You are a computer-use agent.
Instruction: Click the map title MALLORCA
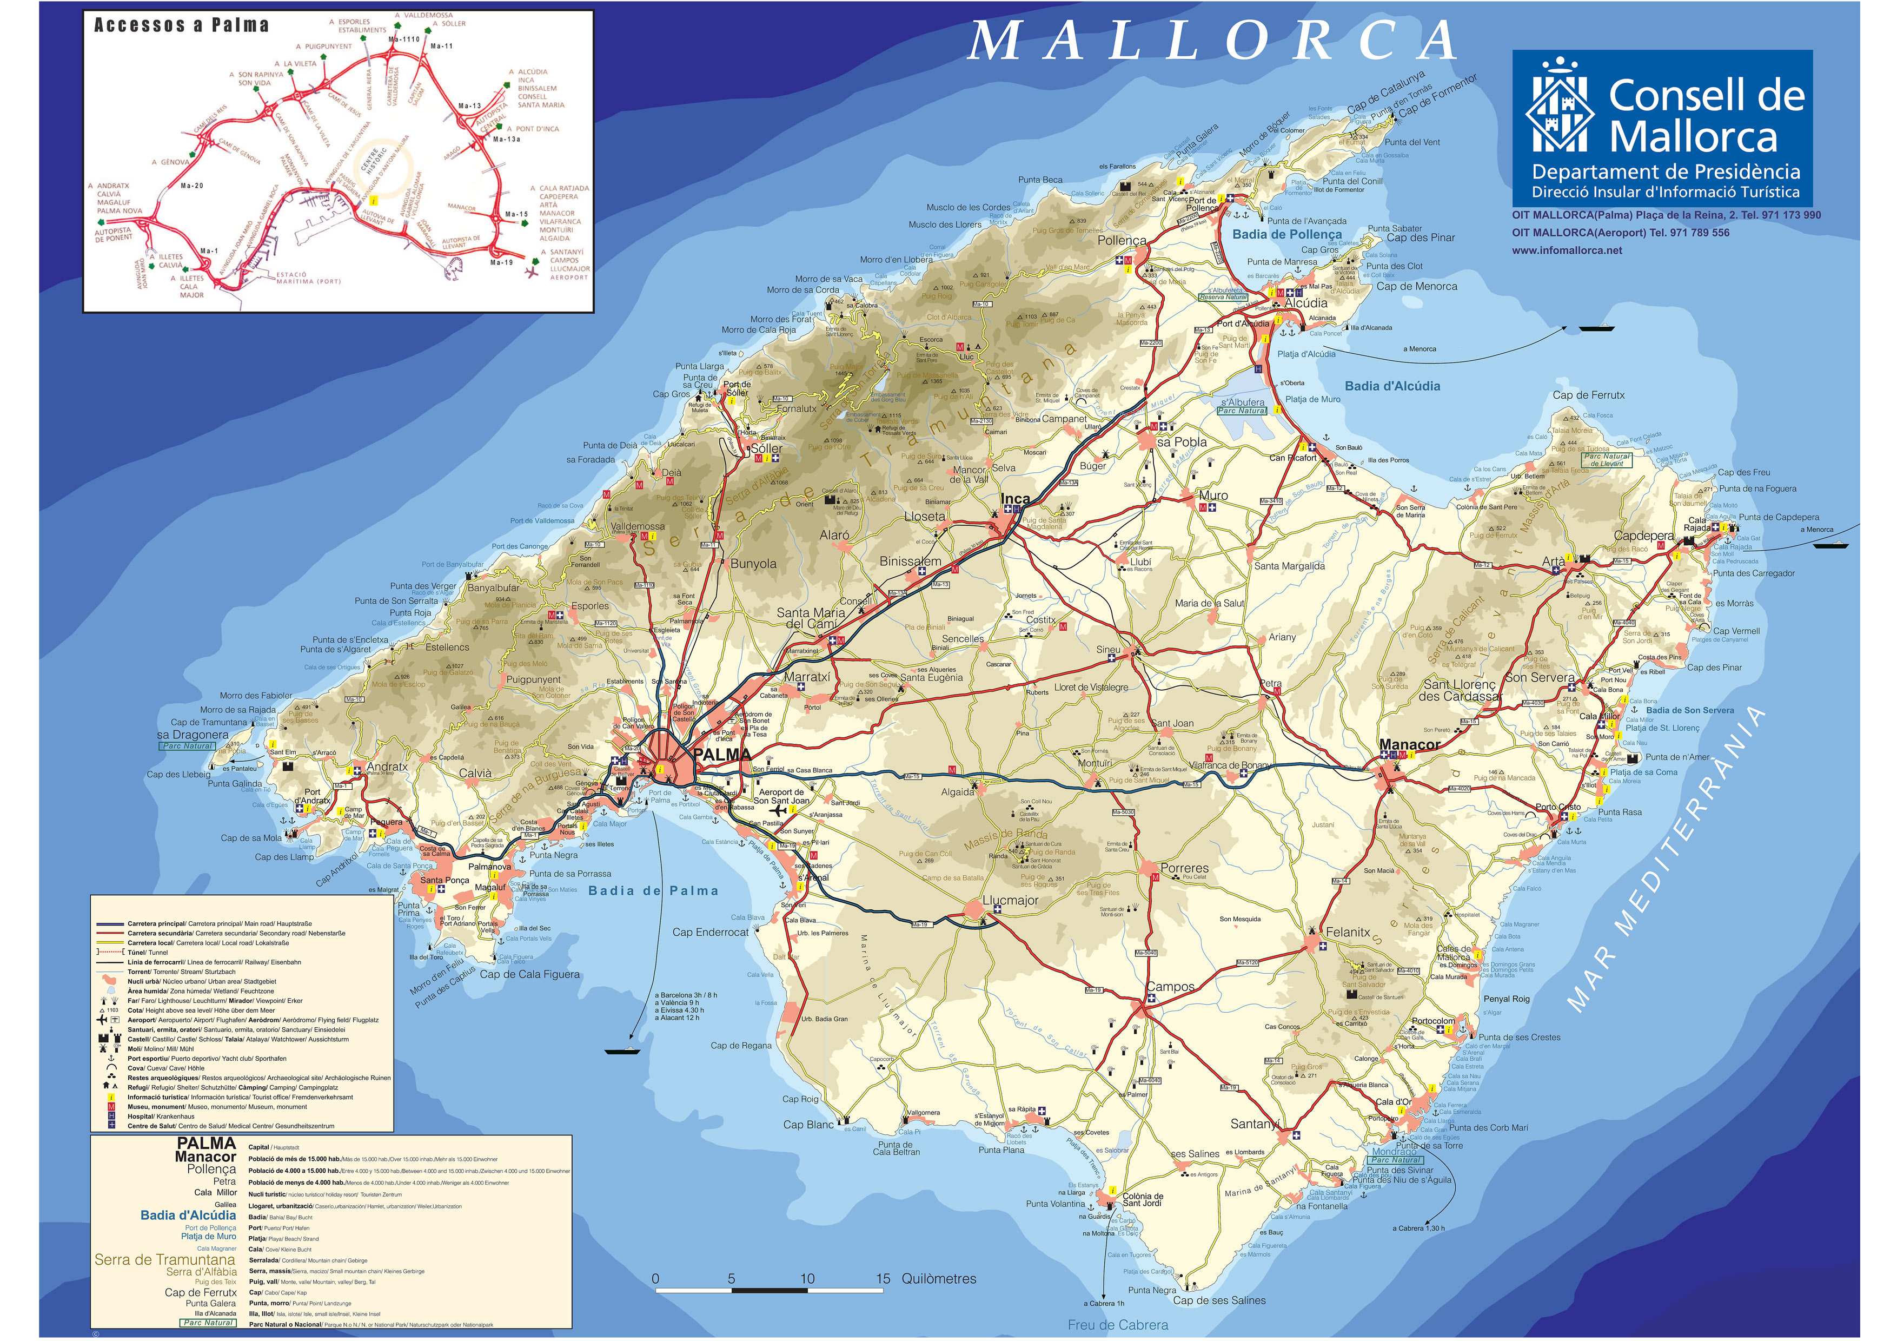click(1213, 41)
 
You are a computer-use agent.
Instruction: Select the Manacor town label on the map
click(1410, 744)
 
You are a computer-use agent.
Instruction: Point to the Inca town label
click(1016, 499)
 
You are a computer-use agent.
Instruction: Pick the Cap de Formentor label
click(1437, 97)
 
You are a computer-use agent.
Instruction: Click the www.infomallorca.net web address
click(1567, 250)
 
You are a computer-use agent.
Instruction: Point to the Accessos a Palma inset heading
click(181, 25)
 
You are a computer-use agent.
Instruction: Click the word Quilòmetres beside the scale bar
click(939, 1279)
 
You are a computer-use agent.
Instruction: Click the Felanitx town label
click(1348, 932)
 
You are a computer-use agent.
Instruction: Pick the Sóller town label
click(766, 448)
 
